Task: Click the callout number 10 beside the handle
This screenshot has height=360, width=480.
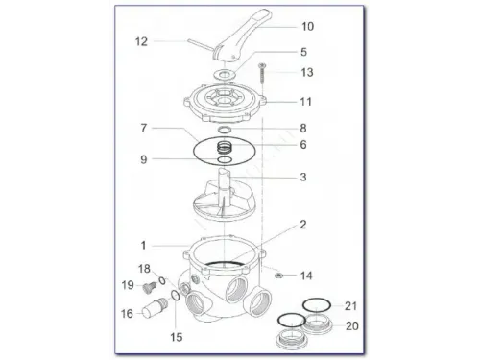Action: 307,27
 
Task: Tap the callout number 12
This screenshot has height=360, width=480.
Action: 141,41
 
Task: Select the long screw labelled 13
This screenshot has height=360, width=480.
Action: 262,74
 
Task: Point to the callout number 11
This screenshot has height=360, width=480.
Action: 305,102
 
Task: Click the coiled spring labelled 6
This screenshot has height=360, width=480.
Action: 226,147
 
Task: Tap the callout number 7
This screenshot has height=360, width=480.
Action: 144,128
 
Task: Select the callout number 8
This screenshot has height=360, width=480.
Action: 303,129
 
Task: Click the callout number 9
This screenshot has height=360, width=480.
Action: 144,159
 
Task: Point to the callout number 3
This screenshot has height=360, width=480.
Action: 303,177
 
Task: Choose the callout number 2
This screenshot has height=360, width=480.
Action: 303,225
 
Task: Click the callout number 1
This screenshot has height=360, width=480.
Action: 143,246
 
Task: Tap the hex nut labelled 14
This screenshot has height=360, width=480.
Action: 278,275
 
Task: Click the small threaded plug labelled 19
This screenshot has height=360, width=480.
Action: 149,286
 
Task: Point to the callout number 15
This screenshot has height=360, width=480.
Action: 177,337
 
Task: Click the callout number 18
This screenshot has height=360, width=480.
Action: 144,269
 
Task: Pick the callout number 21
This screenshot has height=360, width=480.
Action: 350,306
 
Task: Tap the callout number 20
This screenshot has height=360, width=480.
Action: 352,326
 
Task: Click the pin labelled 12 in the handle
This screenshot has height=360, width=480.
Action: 201,45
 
